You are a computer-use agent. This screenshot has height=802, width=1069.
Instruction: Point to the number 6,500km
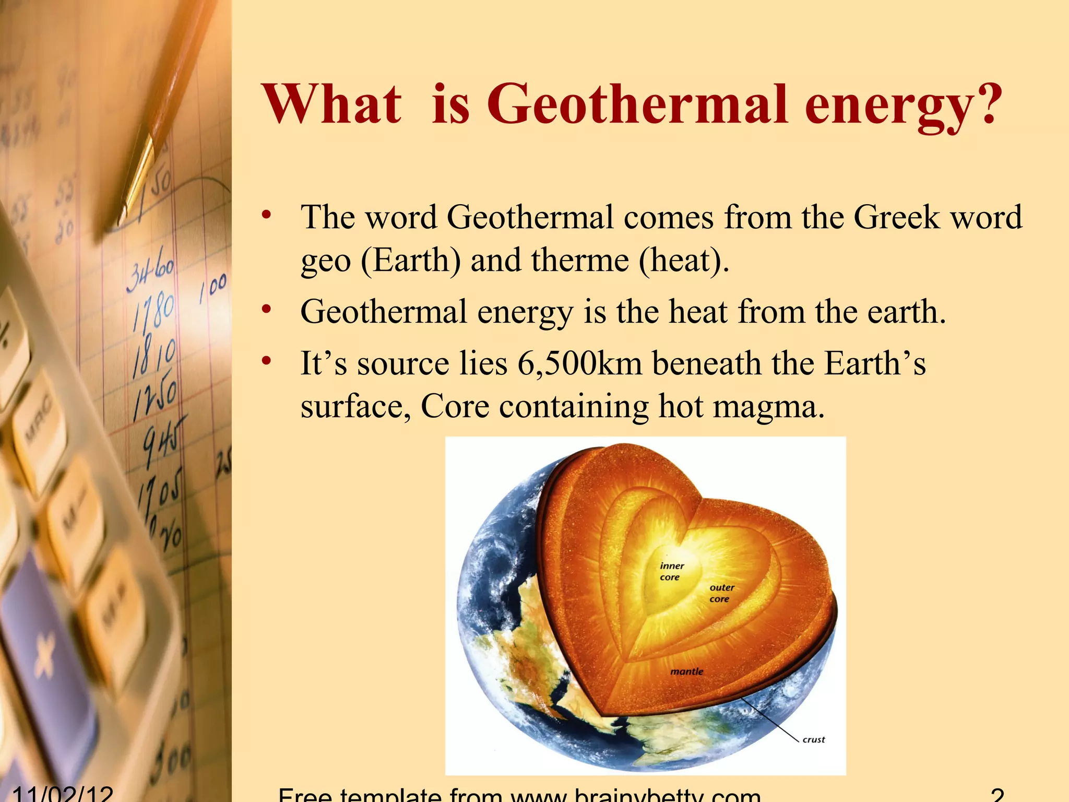tap(579, 363)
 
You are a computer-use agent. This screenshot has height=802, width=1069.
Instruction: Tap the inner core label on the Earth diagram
tap(671, 571)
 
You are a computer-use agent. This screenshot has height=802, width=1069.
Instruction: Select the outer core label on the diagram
tap(721, 593)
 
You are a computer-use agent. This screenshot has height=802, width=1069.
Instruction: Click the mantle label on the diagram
tap(686, 671)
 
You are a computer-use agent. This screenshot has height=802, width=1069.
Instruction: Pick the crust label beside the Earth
tap(813, 739)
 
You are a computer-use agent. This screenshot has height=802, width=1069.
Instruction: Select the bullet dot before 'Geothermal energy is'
tap(267, 310)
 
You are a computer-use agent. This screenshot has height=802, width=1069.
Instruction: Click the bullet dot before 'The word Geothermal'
tap(267, 215)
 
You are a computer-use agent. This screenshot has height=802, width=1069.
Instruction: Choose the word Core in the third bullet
tap(455, 406)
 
